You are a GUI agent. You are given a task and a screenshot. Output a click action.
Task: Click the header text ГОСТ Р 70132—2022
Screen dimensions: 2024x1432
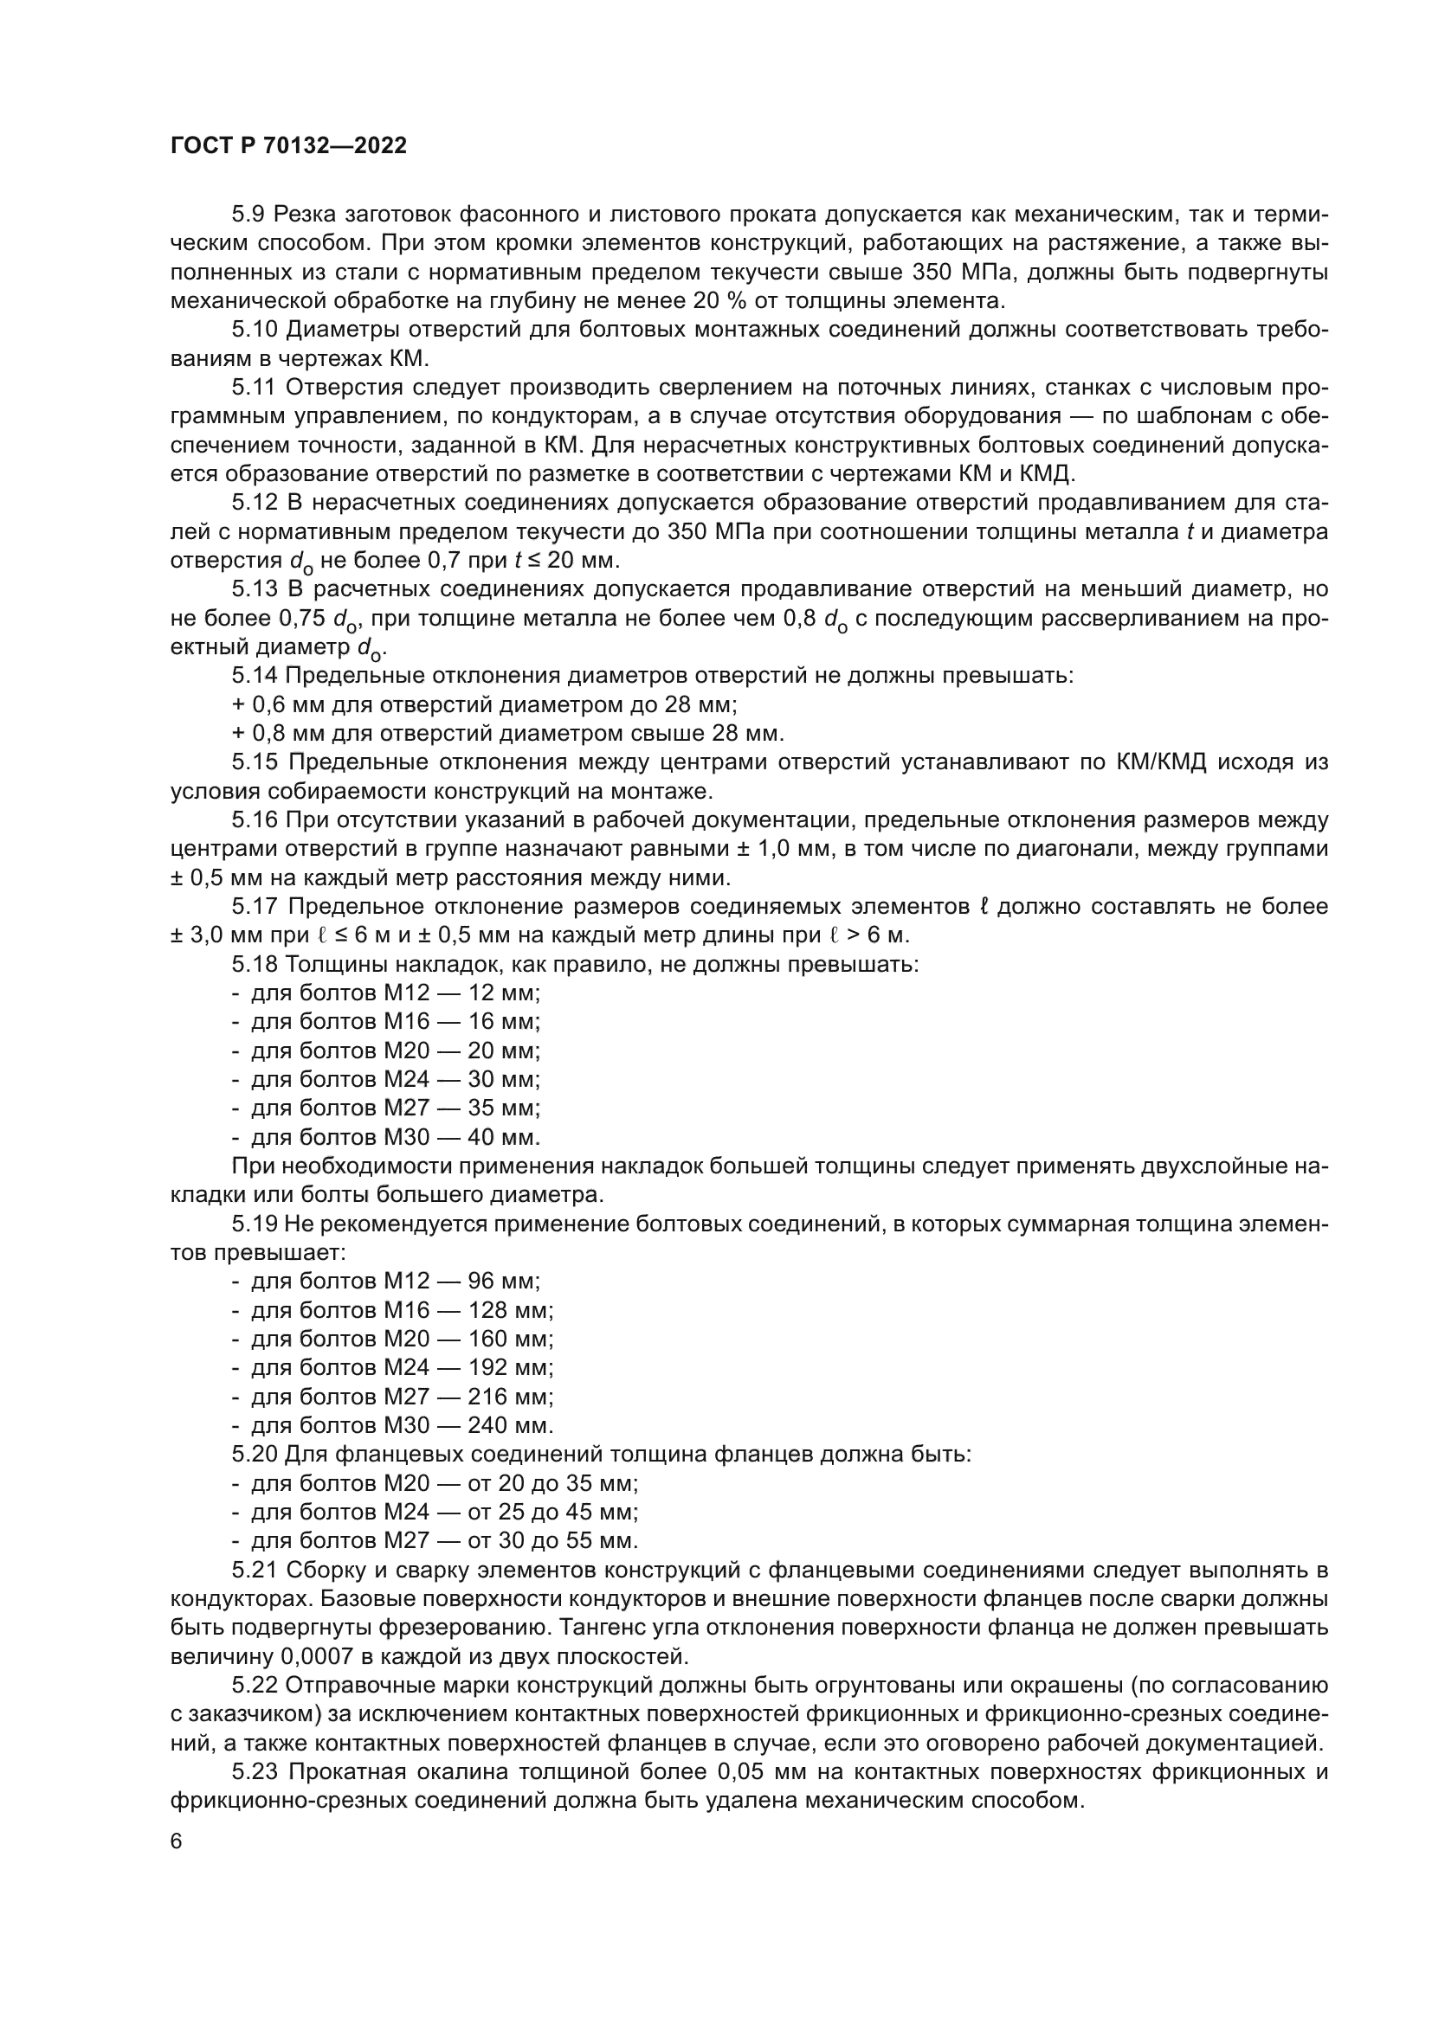tap(288, 146)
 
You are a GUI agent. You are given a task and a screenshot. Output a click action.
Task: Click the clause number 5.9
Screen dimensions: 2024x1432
tap(248, 215)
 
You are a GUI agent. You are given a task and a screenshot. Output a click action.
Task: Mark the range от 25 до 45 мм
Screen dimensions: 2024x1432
tap(552, 1512)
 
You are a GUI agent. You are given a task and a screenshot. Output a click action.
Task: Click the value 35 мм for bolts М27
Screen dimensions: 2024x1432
tap(503, 1108)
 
